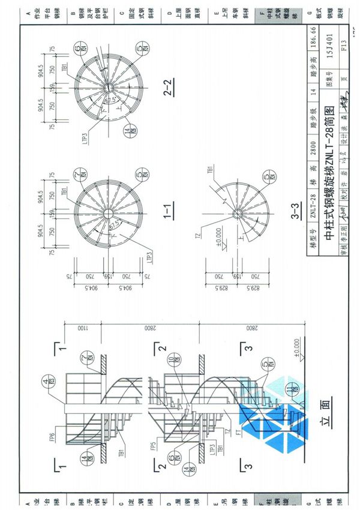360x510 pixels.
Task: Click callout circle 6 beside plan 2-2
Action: [x=80, y=47]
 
